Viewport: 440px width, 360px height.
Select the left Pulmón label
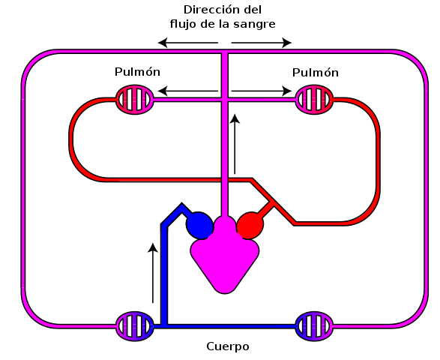(137, 72)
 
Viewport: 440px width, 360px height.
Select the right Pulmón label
(316, 73)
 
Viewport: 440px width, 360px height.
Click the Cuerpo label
(228, 346)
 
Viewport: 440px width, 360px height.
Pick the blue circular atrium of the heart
(199, 225)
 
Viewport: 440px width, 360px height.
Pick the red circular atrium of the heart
(250, 225)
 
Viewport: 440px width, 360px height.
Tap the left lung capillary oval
(135, 100)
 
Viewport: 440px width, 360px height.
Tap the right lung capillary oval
(314, 100)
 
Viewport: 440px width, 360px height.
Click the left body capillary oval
(135, 326)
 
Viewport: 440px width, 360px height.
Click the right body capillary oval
(314, 326)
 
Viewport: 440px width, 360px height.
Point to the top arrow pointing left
(188, 43)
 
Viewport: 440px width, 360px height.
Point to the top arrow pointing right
(262, 43)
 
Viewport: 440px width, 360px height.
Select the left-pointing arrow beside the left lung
(188, 91)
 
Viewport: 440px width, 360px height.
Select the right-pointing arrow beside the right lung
(262, 91)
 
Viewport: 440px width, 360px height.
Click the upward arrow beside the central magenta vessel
(235, 144)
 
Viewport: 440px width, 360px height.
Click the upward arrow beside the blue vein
(153, 273)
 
